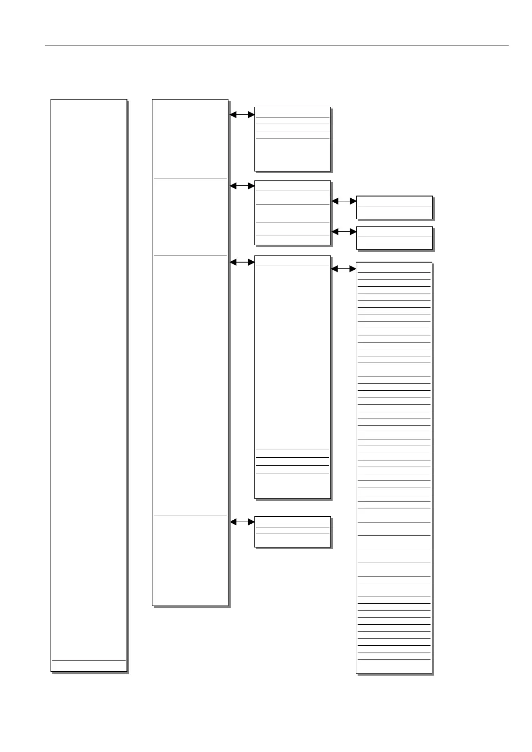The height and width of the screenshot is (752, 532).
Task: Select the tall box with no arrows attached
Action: (89, 384)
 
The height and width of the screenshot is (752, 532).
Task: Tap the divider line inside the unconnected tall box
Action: (89, 660)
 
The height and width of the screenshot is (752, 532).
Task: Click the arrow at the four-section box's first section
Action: (242, 114)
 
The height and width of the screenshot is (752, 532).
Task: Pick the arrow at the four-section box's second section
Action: (242, 186)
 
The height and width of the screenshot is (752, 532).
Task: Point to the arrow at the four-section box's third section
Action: (242, 263)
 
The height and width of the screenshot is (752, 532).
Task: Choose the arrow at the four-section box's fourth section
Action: (242, 522)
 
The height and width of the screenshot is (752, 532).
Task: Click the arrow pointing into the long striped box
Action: (344, 269)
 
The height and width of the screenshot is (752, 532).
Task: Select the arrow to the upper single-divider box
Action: (344, 201)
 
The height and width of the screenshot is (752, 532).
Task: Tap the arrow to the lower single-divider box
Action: (344, 232)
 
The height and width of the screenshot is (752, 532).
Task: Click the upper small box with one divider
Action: (394, 207)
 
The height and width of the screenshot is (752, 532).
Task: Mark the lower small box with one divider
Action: (394, 238)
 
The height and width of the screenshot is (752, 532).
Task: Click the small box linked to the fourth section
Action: (292, 532)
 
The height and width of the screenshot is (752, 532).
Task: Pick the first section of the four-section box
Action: (190, 138)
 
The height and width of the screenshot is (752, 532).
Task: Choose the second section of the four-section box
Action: (190, 217)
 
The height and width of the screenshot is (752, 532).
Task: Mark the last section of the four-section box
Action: (190, 560)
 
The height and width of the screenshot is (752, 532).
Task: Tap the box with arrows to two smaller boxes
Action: (292, 213)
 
